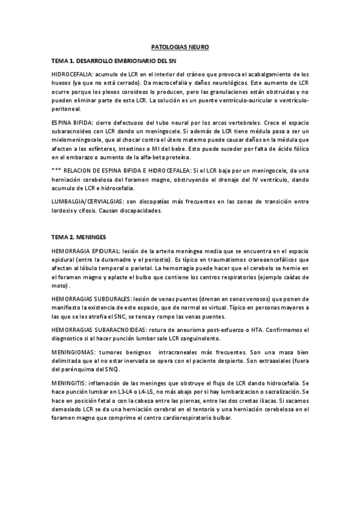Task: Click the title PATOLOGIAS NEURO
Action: click(x=179, y=46)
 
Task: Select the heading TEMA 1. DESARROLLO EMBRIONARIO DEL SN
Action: click(x=114, y=61)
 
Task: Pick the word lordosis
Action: click(x=63, y=211)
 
